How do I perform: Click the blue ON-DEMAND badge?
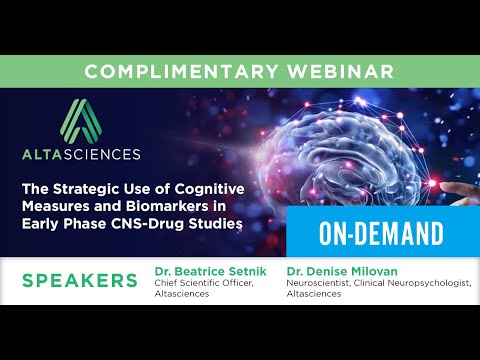[381, 234]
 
